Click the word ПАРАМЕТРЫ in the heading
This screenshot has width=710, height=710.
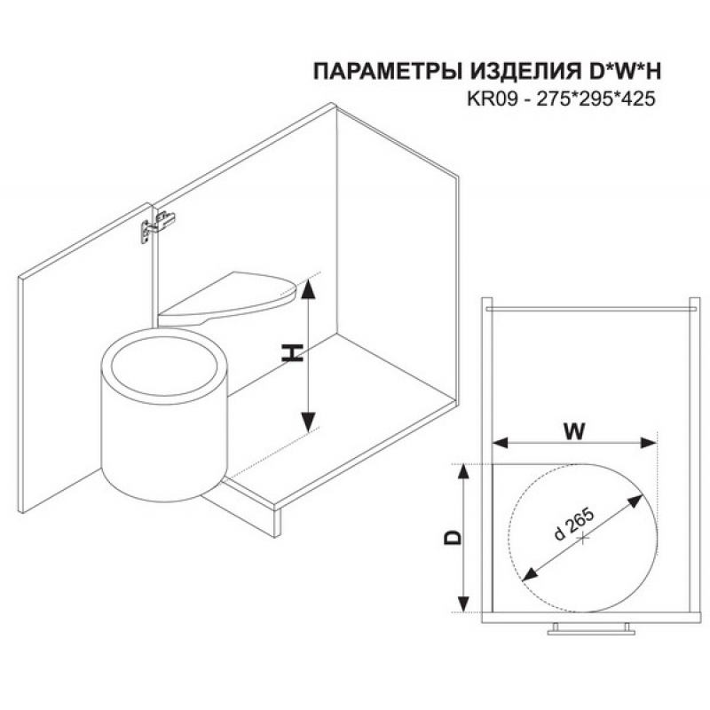click(385, 72)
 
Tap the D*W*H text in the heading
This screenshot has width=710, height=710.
click(619, 72)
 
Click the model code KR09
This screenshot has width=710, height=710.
click(493, 99)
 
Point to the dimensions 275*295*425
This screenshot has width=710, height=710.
click(596, 99)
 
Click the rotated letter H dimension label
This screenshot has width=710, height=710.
click(292, 352)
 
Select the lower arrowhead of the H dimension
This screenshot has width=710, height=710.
click(308, 422)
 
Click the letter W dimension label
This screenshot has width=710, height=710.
click(574, 431)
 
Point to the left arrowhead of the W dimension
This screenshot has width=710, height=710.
click(501, 443)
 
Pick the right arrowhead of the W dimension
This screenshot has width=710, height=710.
click(648, 443)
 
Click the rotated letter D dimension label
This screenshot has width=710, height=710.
click(454, 537)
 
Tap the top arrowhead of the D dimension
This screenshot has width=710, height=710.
click(462, 473)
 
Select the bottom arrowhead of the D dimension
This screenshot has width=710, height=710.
click(462, 603)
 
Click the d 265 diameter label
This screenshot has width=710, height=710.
click(573, 525)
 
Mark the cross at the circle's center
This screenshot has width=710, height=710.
click(583, 538)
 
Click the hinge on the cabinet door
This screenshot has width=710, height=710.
click(157, 226)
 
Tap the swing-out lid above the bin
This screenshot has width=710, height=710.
click(227, 298)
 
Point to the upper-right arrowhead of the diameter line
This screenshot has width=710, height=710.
click(635, 501)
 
